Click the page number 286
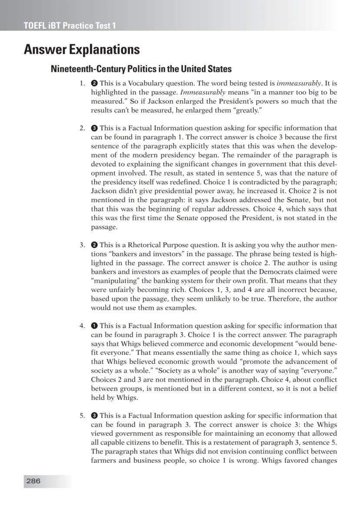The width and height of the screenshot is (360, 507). point(33,481)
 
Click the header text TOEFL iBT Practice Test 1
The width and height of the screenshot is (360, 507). point(70,25)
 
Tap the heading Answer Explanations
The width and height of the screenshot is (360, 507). point(82,49)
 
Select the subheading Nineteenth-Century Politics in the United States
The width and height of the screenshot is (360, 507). point(141,69)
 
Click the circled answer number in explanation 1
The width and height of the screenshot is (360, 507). point(94,83)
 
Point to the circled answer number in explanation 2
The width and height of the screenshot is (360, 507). point(94,128)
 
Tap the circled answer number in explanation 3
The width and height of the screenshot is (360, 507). point(94,245)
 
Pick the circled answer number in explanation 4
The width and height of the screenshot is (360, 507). point(94,326)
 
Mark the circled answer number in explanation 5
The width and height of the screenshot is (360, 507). point(94,415)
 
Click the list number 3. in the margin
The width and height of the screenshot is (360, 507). point(82,245)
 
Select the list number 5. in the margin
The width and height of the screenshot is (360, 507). point(82,415)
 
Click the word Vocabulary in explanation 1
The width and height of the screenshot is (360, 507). point(140,83)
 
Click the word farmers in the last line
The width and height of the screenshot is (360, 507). point(104,460)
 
